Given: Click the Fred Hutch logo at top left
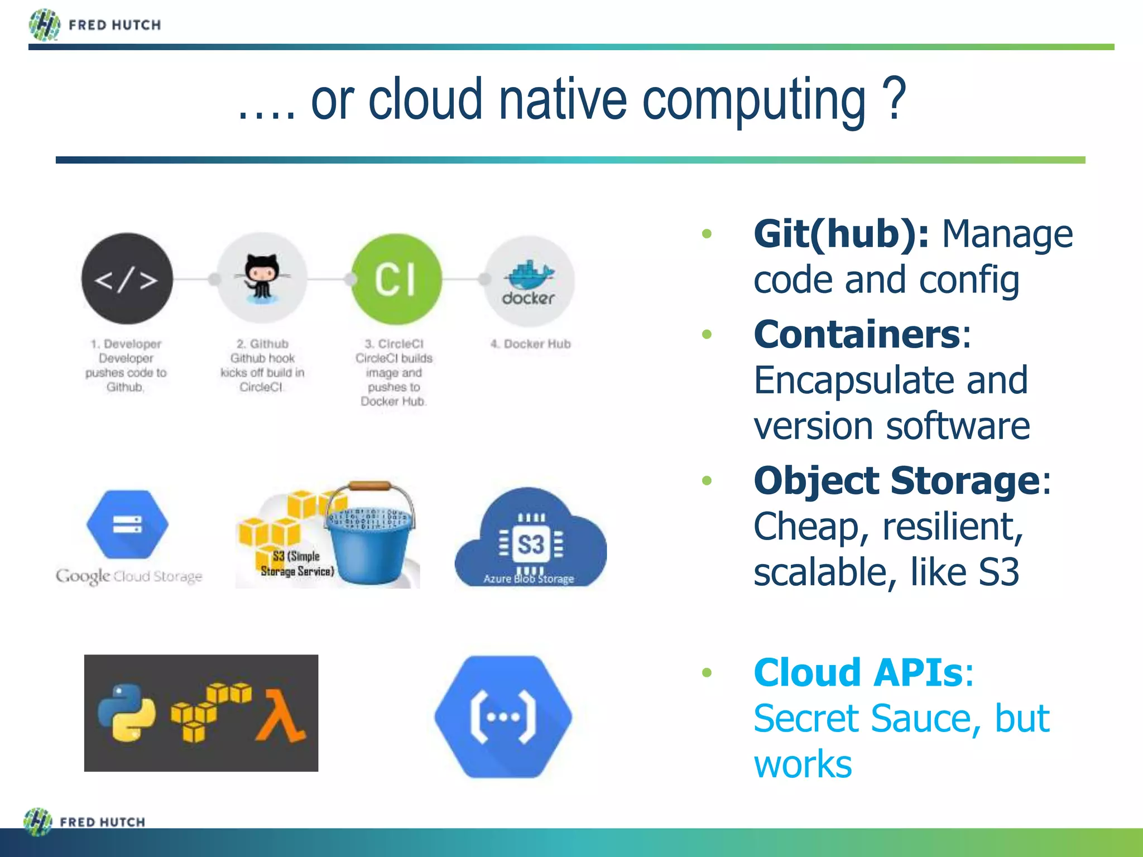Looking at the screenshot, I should pyautogui.click(x=95, y=25).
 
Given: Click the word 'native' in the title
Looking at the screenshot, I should pyautogui.click(x=563, y=100).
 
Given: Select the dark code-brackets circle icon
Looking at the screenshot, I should pyautogui.click(x=127, y=278).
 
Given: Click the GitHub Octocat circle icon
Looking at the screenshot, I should pyautogui.click(x=261, y=278).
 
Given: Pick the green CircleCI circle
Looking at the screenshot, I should pyautogui.click(x=396, y=278).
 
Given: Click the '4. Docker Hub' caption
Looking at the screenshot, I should pyautogui.click(x=530, y=344).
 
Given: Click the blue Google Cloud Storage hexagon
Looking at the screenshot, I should pyautogui.click(x=127, y=524).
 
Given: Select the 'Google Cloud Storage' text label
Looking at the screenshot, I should pyautogui.click(x=129, y=576).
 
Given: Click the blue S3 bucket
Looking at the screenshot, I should pyautogui.click(x=370, y=541).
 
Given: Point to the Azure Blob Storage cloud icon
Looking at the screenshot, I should pyautogui.click(x=530, y=538).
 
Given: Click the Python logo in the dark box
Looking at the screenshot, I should pyautogui.click(x=127, y=712).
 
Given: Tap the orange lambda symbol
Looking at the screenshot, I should pyautogui.click(x=280, y=716).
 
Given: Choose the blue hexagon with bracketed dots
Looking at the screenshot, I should pyautogui.click(x=503, y=716).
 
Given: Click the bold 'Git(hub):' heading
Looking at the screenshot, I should pyautogui.click(x=841, y=234).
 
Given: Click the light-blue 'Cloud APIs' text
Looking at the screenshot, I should pyautogui.click(x=858, y=672).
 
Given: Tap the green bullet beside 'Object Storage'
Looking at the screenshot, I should pyautogui.click(x=707, y=480).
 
